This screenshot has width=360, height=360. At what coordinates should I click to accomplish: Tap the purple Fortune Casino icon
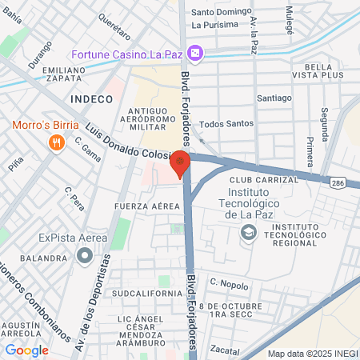pyautogui.click(x=196, y=54)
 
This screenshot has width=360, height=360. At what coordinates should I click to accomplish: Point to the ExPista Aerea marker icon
pyautogui.click(x=83, y=256)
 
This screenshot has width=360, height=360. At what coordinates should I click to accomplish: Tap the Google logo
pyautogui.click(x=26, y=350)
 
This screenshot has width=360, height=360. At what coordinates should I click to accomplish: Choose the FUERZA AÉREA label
pyautogui.click(x=147, y=206)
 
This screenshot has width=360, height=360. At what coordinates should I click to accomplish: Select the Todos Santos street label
pyautogui.click(x=226, y=123)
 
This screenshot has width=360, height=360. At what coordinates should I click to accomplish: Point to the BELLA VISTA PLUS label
pyautogui.click(x=324, y=70)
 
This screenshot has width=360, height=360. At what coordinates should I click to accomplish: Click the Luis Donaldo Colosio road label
pyautogui.click(x=127, y=146)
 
